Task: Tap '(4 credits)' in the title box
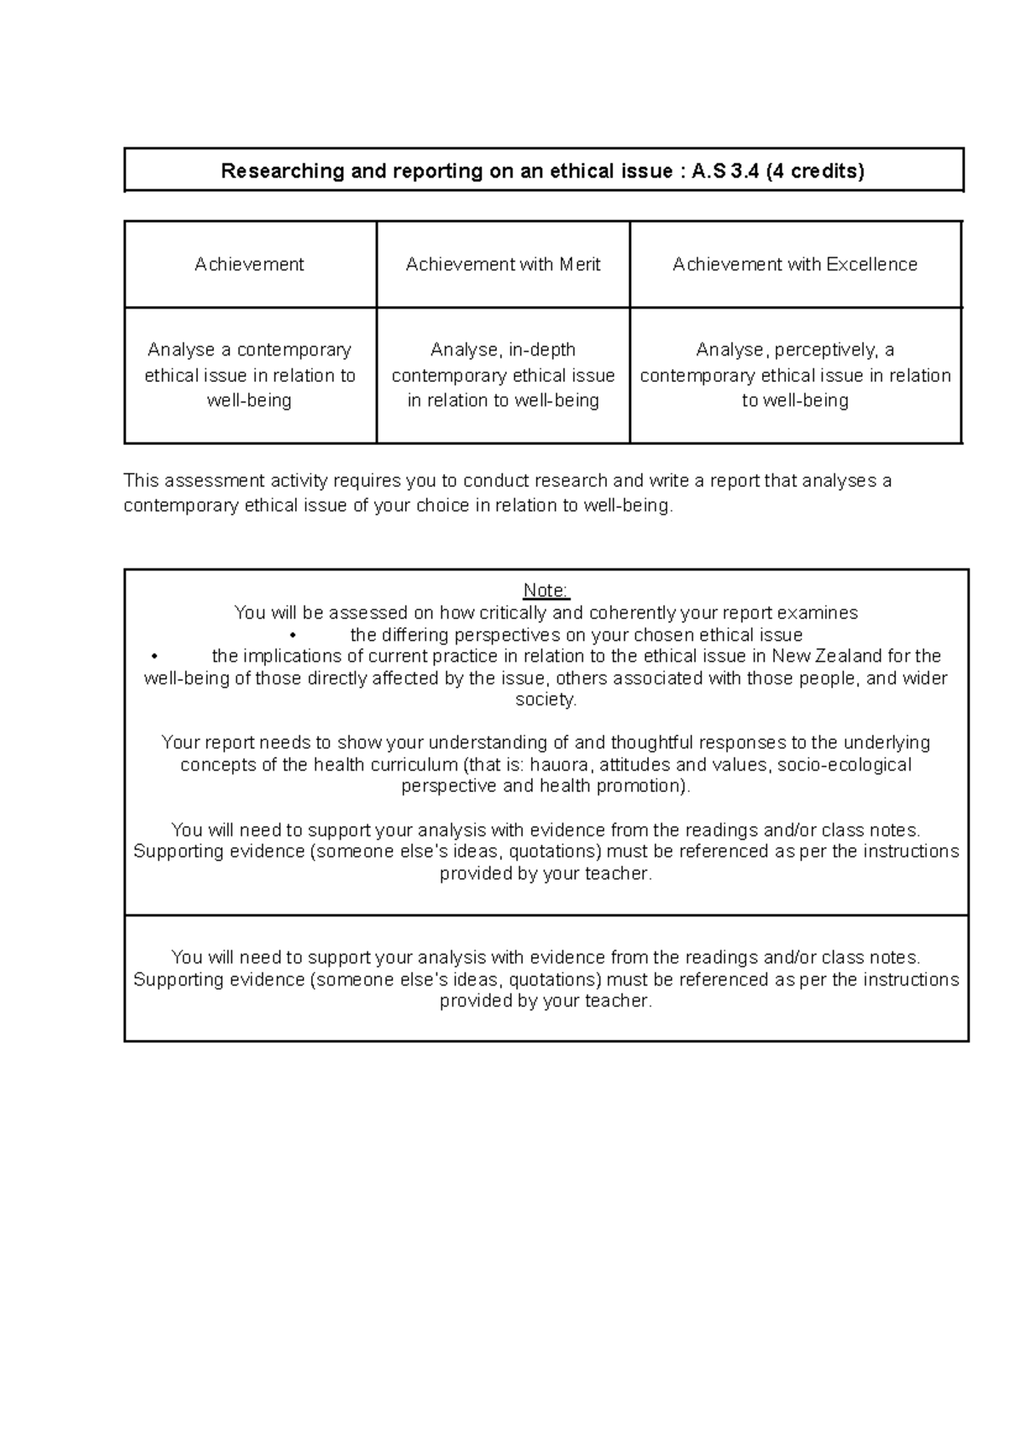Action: click(815, 171)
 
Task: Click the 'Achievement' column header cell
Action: click(249, 264)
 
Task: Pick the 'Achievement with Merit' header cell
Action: click(503, 264)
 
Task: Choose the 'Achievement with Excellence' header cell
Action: click(795, 264)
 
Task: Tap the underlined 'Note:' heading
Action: click(546, 591)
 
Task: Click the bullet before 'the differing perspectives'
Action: click(292, 635)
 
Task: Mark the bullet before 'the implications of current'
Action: click(154, 656)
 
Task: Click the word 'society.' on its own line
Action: click(546, 700)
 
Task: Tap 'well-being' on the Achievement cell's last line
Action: click(249, 401)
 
